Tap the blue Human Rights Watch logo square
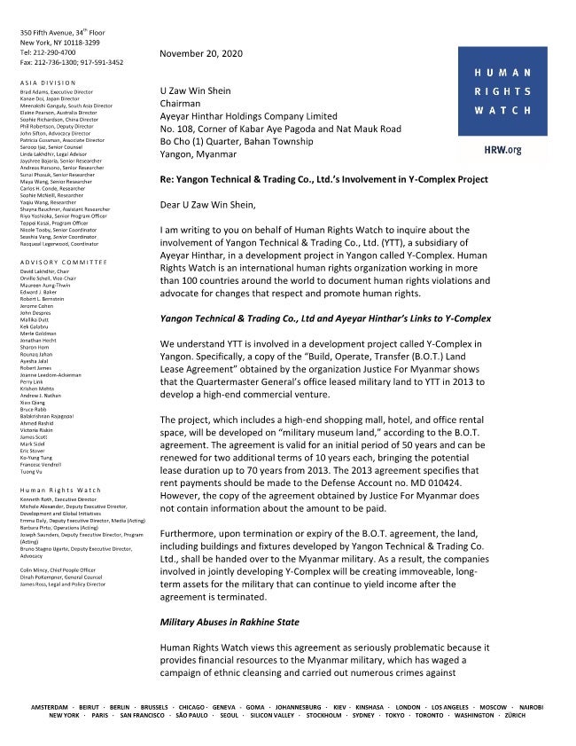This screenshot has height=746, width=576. coord(502,91)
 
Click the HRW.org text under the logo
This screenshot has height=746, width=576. coord(503,150)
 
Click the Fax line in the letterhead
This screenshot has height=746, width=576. coord(71,62)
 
